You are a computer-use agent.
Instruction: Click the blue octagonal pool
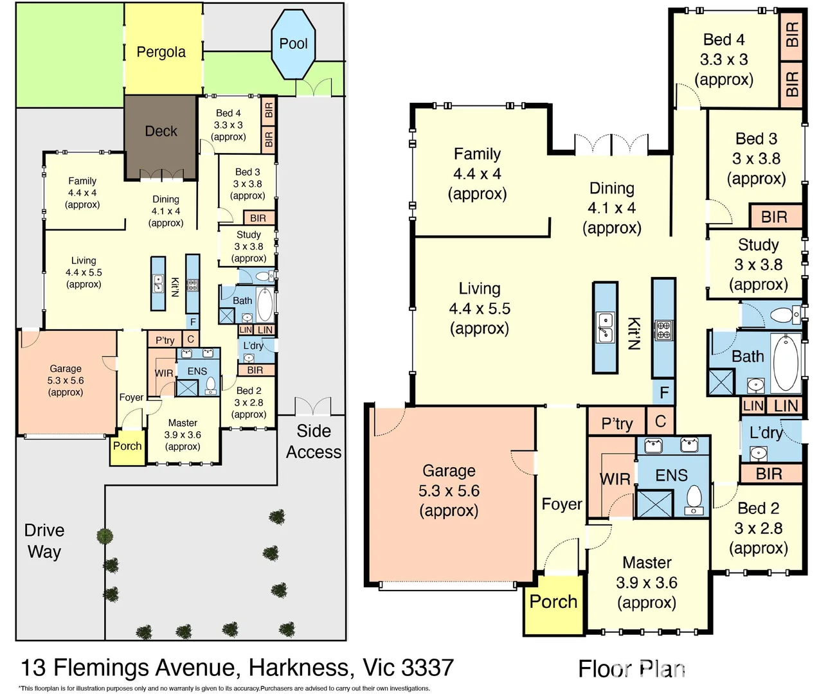point(293,44)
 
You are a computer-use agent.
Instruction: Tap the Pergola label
point(161,52)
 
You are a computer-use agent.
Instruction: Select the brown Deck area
point(161,131)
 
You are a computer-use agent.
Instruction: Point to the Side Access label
point(314,441)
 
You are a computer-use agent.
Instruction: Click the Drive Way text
point(44,541)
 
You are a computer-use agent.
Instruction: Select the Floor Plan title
point(631,669)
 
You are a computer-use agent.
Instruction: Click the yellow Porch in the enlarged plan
point(553,602)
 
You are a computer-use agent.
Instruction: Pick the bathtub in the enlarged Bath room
point(785,363)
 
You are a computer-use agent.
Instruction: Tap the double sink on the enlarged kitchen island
point(605,326)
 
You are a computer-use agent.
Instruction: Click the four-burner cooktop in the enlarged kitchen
point(663,330)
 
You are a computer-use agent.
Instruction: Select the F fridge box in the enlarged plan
point(664,392)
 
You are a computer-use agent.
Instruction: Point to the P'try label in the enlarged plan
point(616,423)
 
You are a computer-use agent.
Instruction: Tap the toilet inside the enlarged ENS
point(694,498)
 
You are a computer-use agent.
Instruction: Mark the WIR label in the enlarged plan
point(615,479)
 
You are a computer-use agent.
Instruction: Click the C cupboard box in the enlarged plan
point(660,422)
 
